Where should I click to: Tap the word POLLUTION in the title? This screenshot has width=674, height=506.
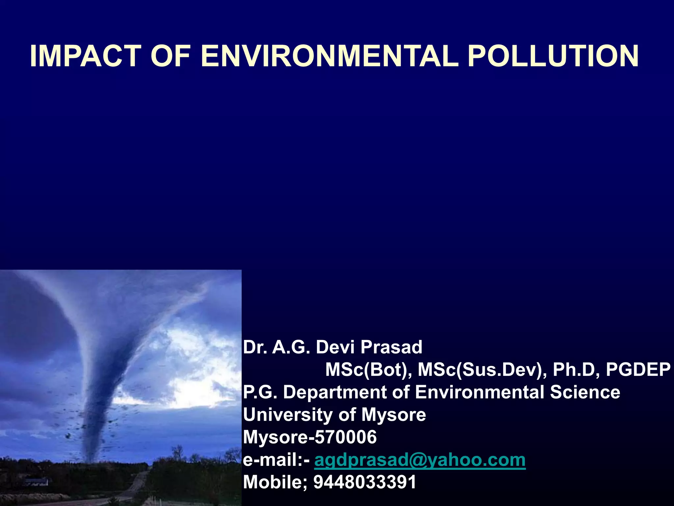[553, 56]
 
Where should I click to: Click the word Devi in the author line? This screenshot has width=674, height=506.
[335, 347]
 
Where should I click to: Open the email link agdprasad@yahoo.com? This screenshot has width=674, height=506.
[420, 460]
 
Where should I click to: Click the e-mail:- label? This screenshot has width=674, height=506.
[276, 460]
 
